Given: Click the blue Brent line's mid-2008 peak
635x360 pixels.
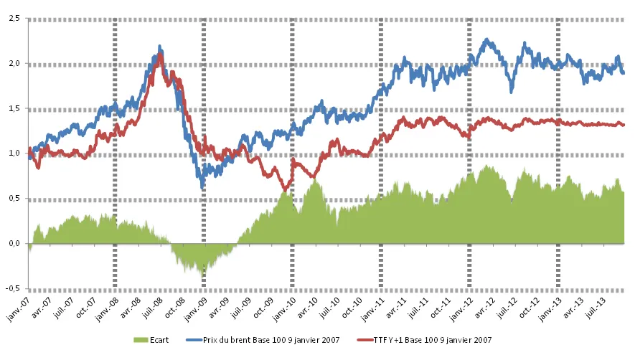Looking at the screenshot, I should (x=159, y=47).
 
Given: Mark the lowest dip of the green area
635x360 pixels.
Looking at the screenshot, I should (x=203, y=276).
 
